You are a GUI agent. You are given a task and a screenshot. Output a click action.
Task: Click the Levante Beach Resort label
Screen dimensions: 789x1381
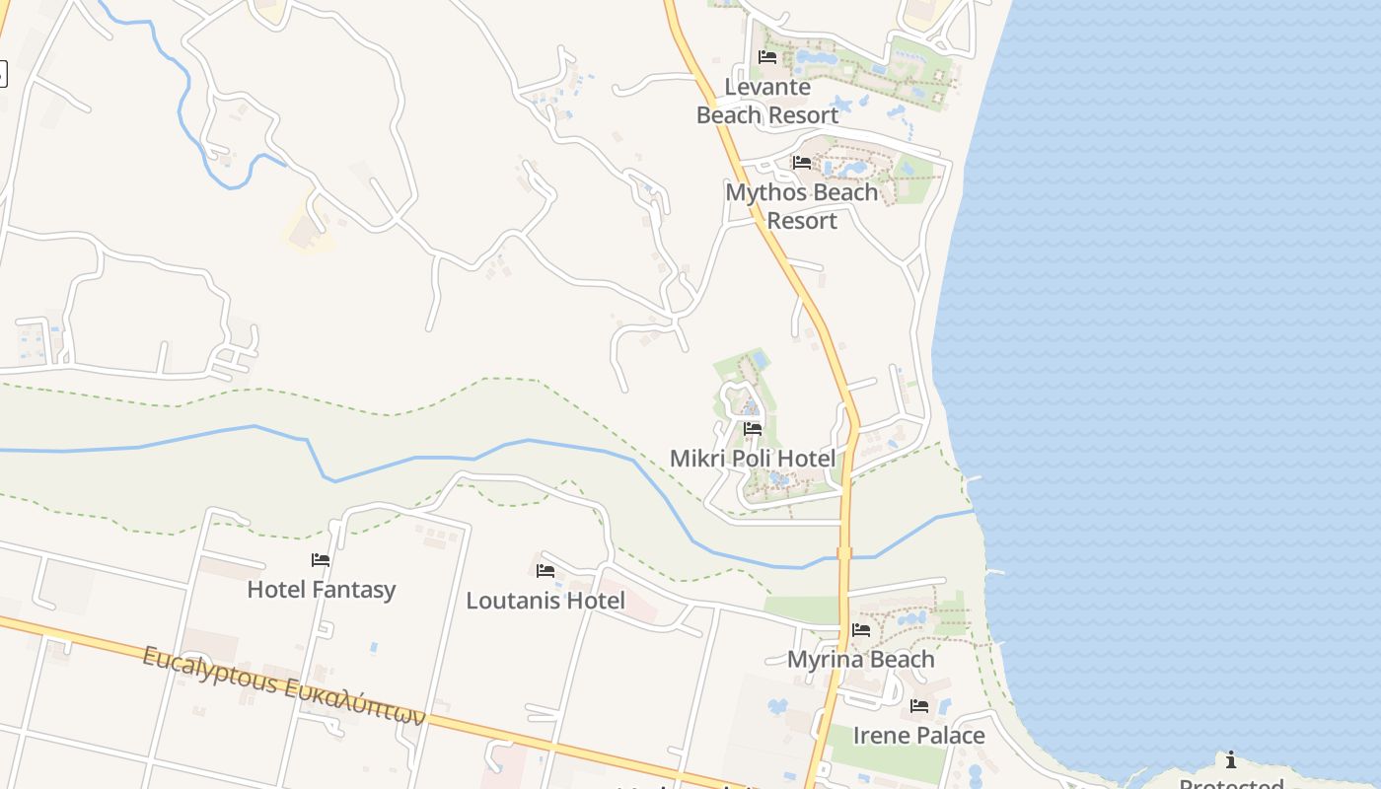767,101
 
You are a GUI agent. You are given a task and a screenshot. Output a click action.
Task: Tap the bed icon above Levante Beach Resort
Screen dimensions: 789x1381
767,57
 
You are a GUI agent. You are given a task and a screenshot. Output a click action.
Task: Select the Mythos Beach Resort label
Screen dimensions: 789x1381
801,206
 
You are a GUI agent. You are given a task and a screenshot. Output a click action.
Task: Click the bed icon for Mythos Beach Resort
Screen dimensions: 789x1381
802,163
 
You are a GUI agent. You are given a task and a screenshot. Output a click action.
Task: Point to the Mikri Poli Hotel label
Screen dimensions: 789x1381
753,458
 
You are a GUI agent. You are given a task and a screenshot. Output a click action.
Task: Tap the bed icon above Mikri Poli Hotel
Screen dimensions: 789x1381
753,429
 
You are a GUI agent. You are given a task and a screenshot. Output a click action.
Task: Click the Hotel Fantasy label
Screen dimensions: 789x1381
321,590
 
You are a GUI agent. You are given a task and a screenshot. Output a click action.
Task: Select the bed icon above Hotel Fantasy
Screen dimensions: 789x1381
321,560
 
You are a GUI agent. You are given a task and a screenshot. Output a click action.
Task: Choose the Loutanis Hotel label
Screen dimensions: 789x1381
545,601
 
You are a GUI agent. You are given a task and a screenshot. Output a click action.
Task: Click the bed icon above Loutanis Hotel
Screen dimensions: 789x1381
545,571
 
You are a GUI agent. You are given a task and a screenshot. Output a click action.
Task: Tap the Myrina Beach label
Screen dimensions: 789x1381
860,659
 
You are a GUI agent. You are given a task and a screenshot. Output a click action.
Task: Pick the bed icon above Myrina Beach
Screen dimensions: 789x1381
861,630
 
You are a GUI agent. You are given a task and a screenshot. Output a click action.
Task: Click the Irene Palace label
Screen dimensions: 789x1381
918,736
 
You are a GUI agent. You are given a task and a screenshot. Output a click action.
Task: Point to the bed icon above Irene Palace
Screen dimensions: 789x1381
919,706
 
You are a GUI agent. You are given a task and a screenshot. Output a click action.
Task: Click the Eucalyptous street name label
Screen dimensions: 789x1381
284,685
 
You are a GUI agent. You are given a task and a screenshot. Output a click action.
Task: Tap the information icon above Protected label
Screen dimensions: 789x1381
1231,759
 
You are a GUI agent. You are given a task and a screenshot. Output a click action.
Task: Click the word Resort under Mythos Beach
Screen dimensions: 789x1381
801,220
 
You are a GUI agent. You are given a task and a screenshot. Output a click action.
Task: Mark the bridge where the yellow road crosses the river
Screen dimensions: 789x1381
844,554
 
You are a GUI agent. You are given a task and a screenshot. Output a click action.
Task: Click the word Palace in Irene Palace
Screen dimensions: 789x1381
949,736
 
